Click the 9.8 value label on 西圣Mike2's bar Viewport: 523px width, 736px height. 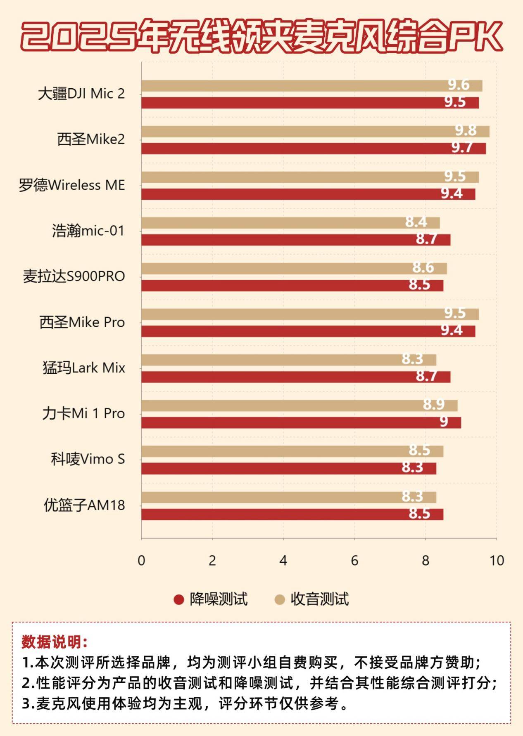click(466, 131)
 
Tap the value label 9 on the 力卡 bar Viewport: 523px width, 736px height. click(443, 422)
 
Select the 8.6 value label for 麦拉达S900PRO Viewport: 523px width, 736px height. click(423, 268)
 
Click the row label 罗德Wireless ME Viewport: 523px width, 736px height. click(72, 185)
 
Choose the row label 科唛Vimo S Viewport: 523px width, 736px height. click(88, 459)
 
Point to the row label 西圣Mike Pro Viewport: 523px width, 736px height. click(82, 322)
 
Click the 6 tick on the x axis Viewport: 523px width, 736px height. click(354, 561)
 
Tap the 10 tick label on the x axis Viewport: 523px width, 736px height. click(497, 561)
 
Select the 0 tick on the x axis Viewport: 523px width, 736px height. click(141, 561)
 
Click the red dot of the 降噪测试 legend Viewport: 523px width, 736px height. click(178, 599)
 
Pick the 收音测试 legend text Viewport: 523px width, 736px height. click(319, 599)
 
